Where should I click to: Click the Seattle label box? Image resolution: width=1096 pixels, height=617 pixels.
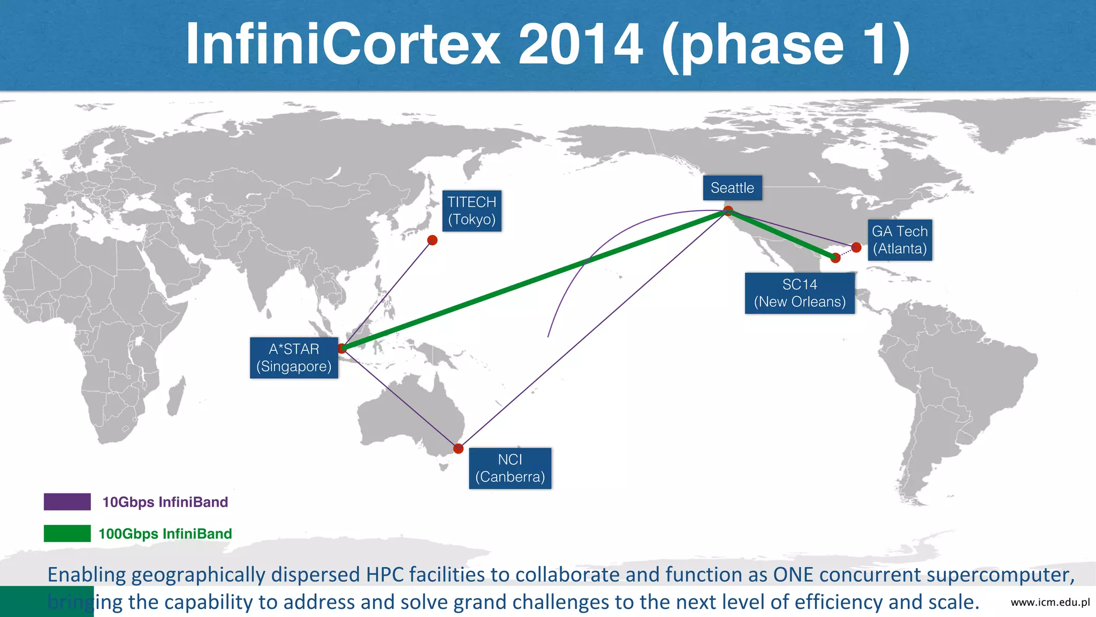coord(732,188)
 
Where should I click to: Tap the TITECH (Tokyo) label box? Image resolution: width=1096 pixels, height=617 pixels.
coord(472,210)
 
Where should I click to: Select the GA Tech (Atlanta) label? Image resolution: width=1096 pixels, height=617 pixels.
coord(900,240)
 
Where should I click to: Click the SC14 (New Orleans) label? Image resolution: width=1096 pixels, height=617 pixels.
coord(800,293)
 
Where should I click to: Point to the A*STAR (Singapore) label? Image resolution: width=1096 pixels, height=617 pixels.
coord(294,358)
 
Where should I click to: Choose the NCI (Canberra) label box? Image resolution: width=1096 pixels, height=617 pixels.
coord(510,468)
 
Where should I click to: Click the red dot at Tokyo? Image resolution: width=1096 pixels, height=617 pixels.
coord(432,240)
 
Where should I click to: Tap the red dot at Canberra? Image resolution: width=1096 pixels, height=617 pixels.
coord(458,448)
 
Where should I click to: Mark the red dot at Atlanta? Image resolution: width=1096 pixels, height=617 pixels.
coord(856,247)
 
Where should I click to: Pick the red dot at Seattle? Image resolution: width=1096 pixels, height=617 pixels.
coord(728,210)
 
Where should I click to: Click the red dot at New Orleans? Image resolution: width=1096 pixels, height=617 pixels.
coord(835,258)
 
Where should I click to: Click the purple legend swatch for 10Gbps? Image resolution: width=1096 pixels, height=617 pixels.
coord(67,502)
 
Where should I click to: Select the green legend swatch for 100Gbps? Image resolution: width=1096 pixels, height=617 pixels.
coord(67,533)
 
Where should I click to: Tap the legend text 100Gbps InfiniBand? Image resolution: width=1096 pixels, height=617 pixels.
coord(165,533)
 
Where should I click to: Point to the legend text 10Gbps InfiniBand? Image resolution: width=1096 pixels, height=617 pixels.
coord(165,502)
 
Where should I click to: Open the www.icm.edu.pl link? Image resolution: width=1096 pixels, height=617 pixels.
coord(1050,602)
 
